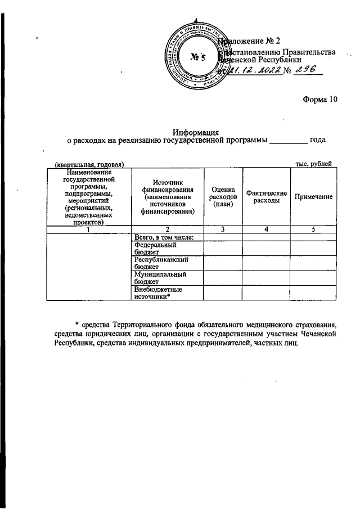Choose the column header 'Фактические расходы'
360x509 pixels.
coord(267,197)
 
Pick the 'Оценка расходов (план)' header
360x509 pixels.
coord(223,196)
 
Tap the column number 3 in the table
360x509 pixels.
coord(223,229)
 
